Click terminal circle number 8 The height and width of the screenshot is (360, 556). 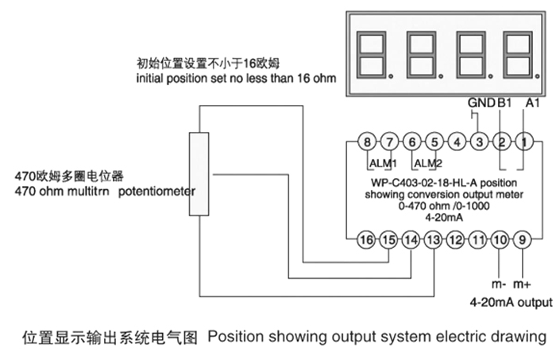(365, 142)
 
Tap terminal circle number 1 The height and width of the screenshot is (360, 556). (523, 142)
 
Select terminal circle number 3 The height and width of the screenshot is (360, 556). (478, 142)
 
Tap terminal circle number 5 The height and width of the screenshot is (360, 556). (433, 142)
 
